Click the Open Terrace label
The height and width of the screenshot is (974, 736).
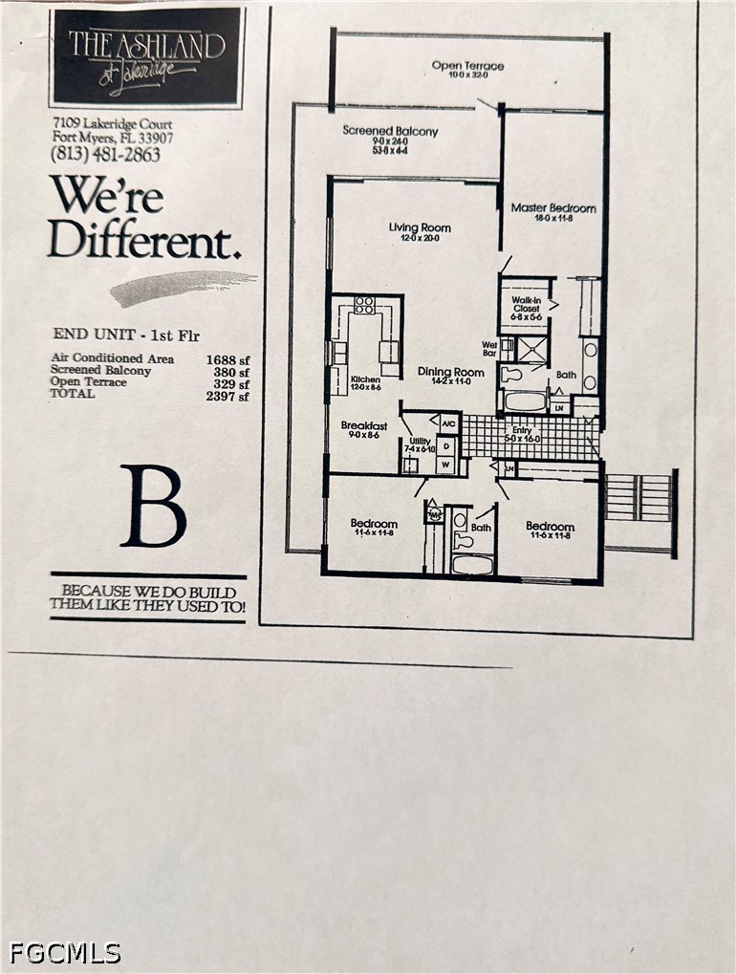pos(467,66)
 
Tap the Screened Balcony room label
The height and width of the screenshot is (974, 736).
pos(390,131)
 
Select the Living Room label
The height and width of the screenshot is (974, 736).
pos(420,227)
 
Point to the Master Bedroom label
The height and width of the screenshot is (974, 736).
pos(552,207)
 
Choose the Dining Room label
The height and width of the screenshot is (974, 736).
pos(451,372)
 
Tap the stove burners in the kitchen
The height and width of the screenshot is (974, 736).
pos(364,305)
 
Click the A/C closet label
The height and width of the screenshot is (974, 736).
pos(448,422)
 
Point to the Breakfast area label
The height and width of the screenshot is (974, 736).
pos(364,426)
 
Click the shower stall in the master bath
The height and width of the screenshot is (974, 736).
pos(533,351)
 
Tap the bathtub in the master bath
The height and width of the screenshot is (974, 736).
pos(524,400)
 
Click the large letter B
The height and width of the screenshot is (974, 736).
pos(153,507)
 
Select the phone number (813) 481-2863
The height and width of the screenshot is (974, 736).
pos(107,155)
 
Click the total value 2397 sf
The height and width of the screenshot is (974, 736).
pos(227,395)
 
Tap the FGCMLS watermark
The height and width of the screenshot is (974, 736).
pos(65,952)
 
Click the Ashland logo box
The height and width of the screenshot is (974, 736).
pos(146,55)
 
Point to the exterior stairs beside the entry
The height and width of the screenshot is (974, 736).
pos(638,498)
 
